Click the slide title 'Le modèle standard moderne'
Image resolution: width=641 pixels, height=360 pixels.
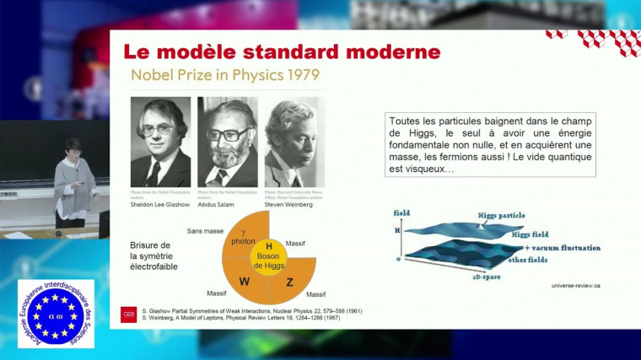(282, 51)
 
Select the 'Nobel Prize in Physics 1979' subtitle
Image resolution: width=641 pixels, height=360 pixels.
(224, 76)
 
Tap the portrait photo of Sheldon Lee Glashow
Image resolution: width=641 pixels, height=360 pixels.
(160, 142)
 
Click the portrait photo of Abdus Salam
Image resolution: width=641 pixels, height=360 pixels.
(227, 142)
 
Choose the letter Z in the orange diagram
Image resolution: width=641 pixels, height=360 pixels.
(289, 282)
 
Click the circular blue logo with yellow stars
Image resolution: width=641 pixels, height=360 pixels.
(56, 313)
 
